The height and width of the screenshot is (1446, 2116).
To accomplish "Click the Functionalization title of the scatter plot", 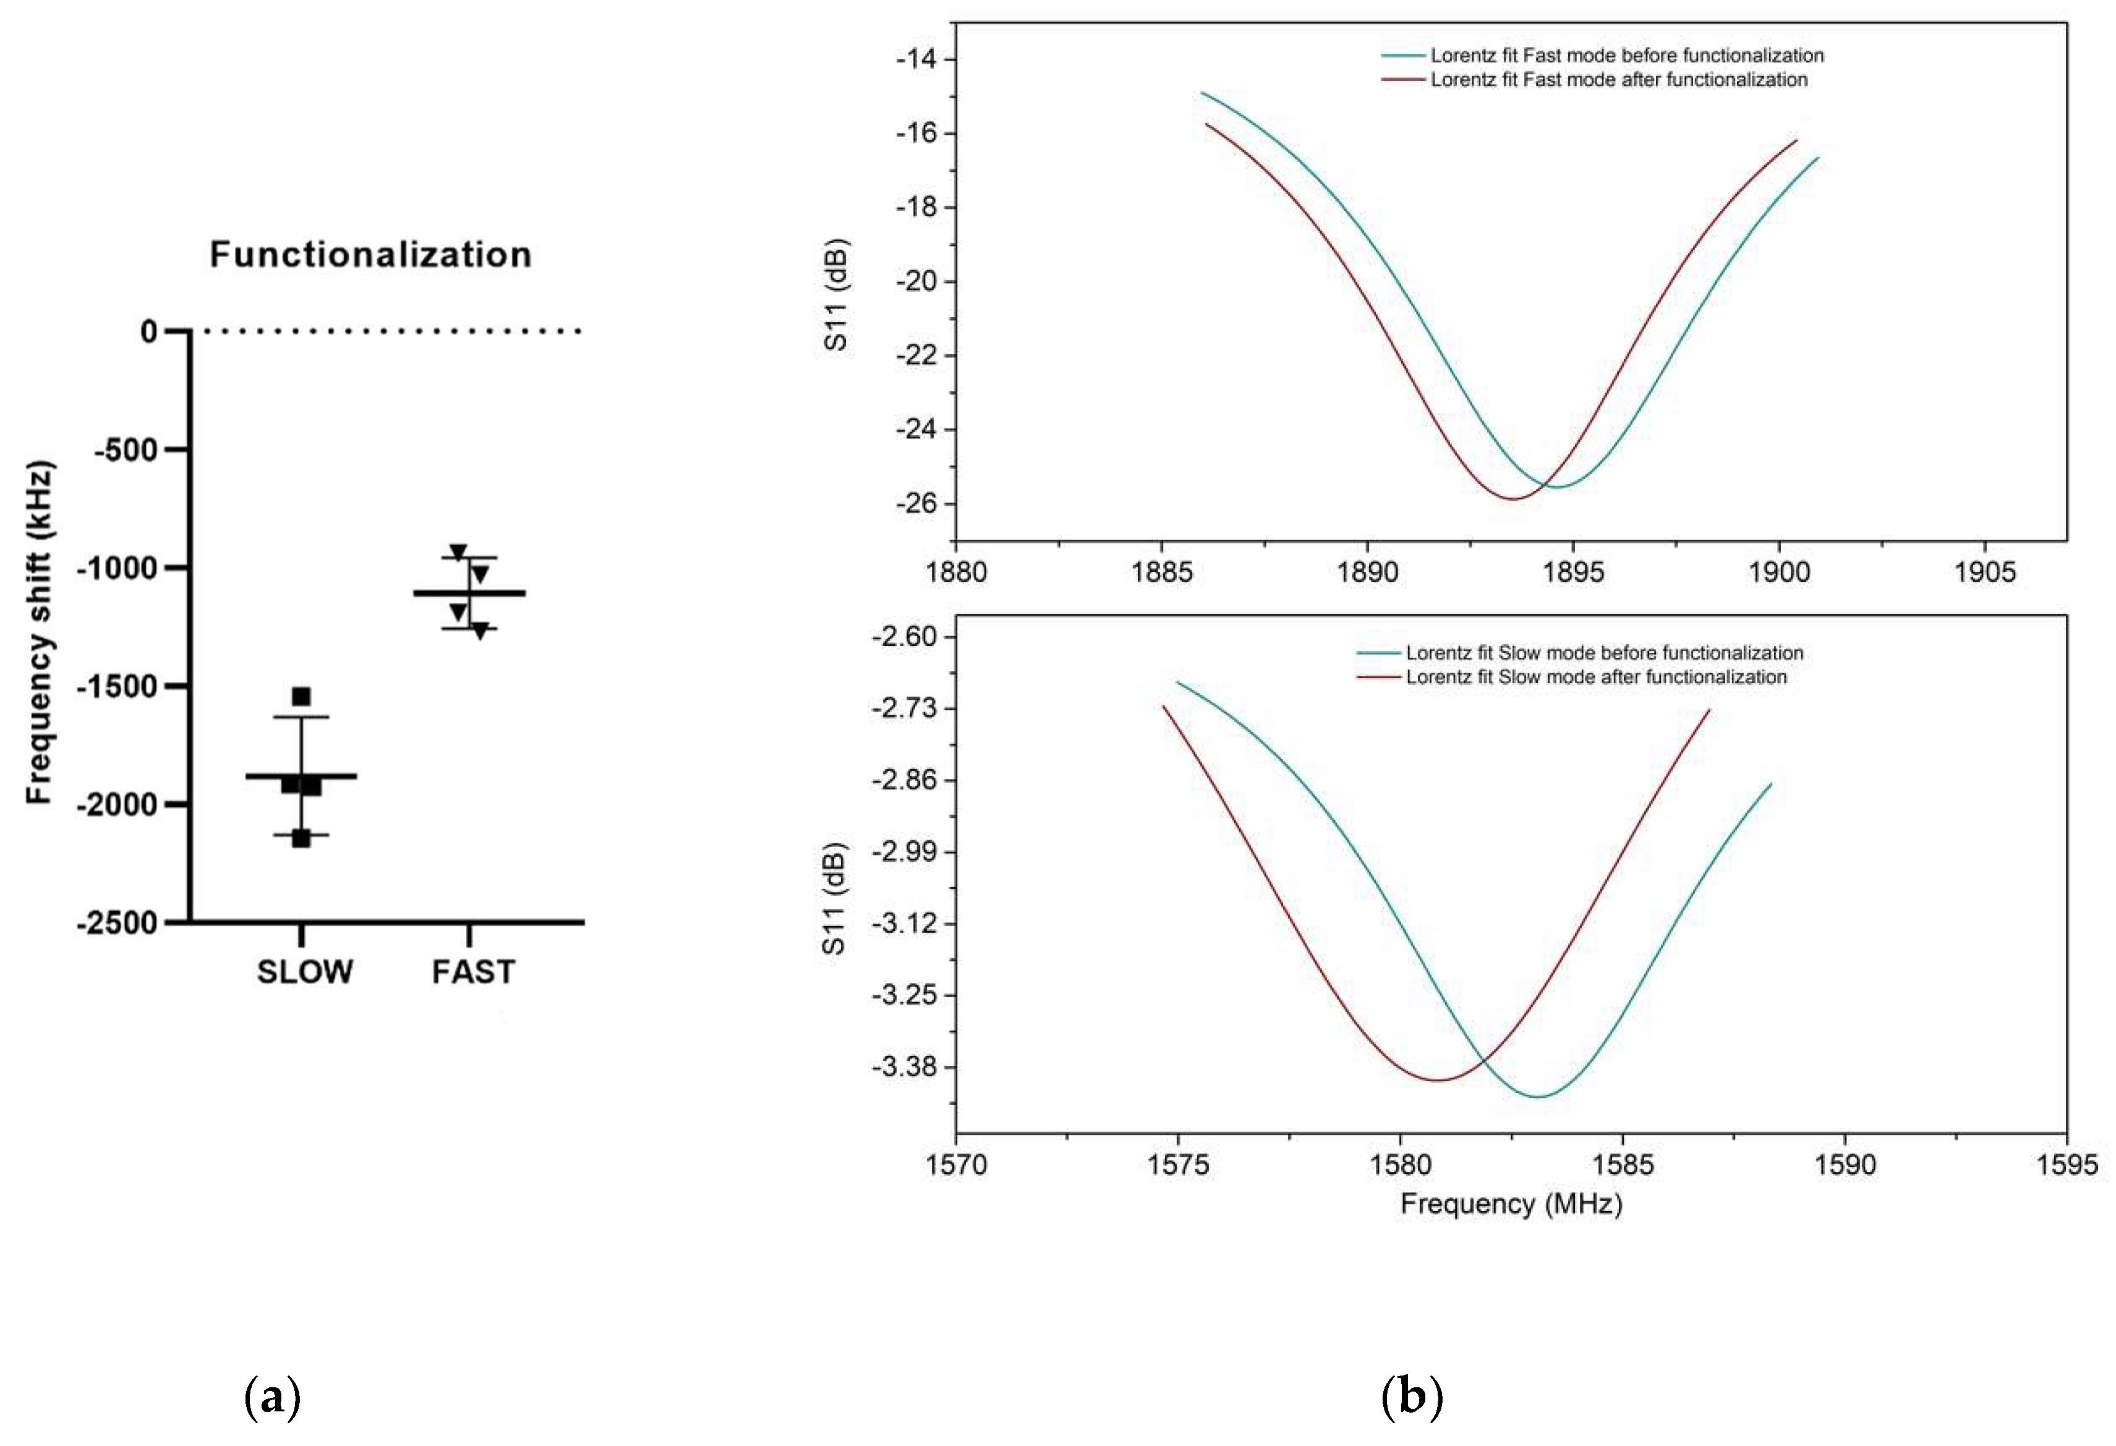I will tap(370, 254).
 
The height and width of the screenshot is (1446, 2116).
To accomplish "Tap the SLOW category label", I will tap(304, 972).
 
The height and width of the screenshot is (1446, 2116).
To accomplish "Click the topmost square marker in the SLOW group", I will tap(301, 697).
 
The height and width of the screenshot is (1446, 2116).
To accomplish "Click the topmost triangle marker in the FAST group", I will tap(458, 552).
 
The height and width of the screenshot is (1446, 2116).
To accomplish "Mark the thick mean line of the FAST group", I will tap(469, 593).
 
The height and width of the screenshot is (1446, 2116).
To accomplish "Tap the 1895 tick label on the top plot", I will tap(1572, 572).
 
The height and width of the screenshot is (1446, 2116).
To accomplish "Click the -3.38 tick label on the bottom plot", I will tap(902, 1067).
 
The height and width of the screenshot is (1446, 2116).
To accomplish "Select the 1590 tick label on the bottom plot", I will tap(1845, 1165).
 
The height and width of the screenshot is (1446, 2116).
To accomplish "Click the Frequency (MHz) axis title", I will tap(1511, 1205).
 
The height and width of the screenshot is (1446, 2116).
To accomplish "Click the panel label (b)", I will tap(1411, 1397).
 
